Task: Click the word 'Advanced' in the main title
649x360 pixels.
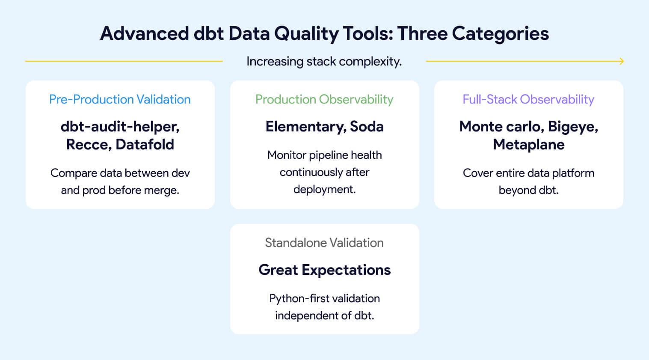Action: click(x=144, y=33)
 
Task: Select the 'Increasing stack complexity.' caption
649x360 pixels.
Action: click(x=324, y=61)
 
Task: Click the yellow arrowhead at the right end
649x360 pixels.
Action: click(x=622, y=61)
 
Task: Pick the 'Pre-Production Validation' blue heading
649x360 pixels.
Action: click(x=120, y=99)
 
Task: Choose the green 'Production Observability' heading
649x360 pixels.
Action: click(x=324, y=99)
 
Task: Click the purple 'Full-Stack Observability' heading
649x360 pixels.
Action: click(x=528, y=99)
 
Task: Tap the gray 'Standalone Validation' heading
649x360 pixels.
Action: click(x=324, y=243)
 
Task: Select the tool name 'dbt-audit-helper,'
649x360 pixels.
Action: click(x=120, y=127)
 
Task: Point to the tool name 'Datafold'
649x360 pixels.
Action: click(x=145, y=145)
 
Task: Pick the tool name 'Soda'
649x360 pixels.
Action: click(x=367, y=127)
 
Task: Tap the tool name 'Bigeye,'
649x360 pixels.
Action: click(x=573, y=127)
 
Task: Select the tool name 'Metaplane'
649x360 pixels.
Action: click(x=528, y=145)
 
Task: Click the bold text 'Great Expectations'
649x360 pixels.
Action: click(x=324, y=270)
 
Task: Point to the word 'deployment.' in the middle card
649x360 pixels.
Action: click(x=324, y=189)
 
